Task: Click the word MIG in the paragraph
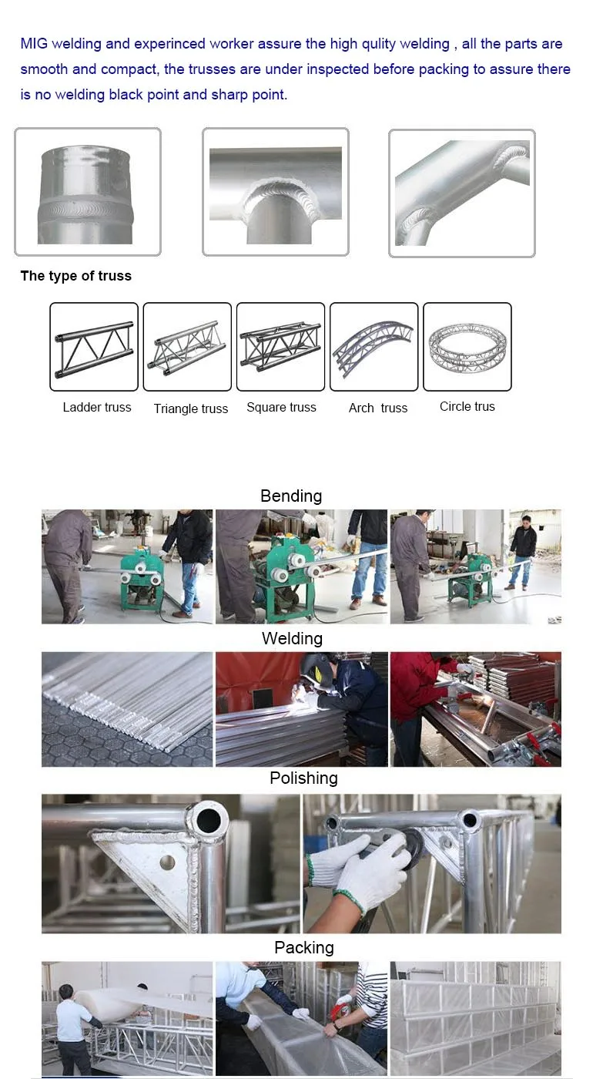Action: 34,44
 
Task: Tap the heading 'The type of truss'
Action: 75,276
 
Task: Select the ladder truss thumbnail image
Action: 94,347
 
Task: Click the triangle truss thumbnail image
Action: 187,347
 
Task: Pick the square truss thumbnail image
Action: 280,347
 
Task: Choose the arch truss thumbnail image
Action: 374,347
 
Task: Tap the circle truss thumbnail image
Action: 467,347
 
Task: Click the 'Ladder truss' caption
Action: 97,407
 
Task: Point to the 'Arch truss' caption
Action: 377,408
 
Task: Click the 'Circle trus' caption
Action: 467,406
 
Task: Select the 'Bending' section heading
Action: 291,496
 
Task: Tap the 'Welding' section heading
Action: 292,638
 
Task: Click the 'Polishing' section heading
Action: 303,778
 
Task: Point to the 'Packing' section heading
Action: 304,947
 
